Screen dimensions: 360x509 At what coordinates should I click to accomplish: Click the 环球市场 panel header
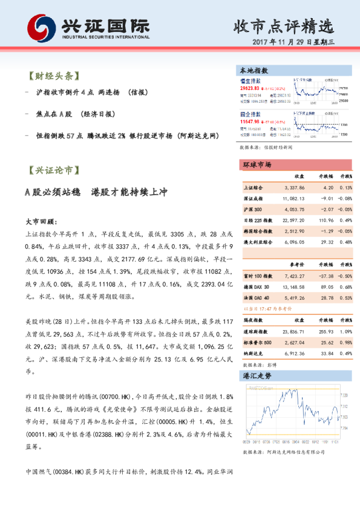pos(258,164)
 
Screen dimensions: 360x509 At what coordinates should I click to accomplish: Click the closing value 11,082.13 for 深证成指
pos(293,198)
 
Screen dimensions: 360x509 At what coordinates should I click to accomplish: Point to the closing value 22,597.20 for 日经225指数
pos(293,220)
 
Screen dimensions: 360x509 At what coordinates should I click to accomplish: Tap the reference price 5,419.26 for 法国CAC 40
pos(293,281)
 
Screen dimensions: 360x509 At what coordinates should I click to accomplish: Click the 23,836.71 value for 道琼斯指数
pos(293,332)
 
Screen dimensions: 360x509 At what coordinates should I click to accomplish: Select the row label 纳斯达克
pos(252,354)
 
